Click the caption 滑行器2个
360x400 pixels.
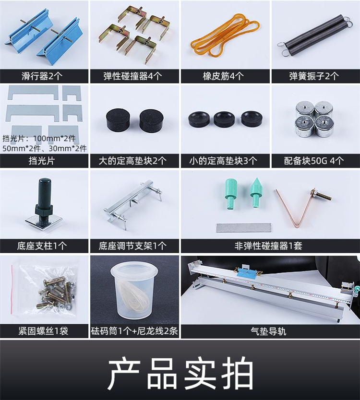[42, 76]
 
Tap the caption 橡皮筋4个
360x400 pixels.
[223, 76]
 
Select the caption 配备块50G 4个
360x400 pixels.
[314, 161]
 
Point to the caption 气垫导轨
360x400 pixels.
[268, 331]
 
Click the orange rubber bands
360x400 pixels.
[225, 35]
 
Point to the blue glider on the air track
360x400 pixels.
[247, 273]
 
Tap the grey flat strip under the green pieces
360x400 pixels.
[244, 228]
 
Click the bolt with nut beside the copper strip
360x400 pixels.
[321, 195]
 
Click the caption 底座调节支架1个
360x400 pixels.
[132, 246]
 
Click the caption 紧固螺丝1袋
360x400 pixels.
[43, 331]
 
